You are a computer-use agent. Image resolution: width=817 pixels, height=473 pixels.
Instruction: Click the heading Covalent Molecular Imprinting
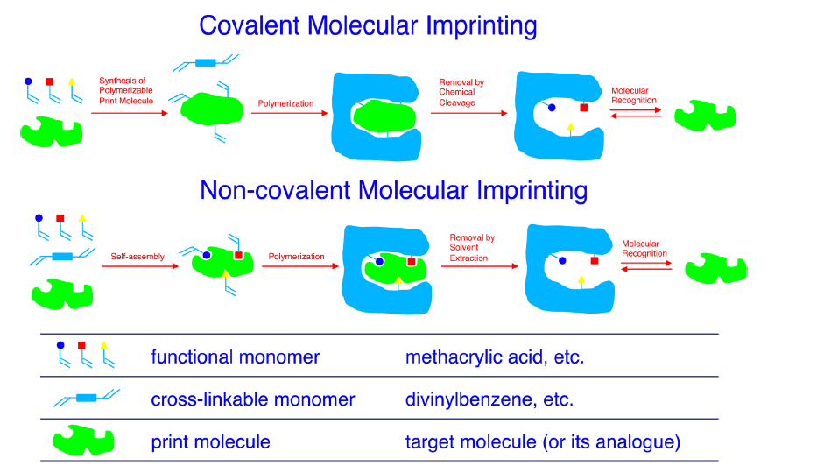(368, 25)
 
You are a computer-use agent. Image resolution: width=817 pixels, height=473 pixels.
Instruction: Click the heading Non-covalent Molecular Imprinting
(393, 190)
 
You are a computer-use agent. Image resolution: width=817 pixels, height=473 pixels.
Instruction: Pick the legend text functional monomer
(235, 357)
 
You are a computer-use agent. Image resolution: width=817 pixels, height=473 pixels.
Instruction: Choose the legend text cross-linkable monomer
(252, 399)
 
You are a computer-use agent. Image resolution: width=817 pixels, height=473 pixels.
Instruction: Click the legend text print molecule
(210, 442)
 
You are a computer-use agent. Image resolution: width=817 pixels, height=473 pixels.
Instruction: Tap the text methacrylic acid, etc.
(494, 357)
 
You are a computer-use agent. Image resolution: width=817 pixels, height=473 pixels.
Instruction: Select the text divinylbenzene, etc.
(489, 399)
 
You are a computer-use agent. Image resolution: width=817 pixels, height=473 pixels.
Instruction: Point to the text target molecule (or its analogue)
(542, 442)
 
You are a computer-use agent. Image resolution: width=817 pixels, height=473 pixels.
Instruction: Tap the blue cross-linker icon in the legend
(86, 399)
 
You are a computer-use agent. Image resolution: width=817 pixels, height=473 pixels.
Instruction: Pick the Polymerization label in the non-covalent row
(296, 258)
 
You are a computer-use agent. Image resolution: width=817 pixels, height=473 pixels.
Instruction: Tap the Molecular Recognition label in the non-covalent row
(644, 249)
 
